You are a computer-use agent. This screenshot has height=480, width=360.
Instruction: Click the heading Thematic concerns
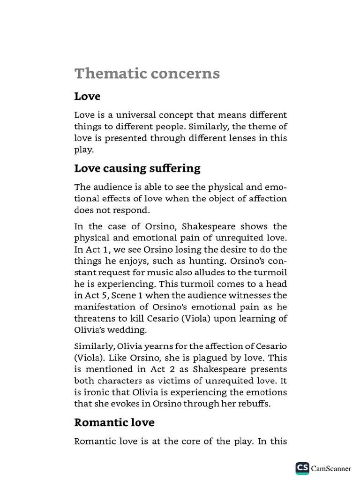147,74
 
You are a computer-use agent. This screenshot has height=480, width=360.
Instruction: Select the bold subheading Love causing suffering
137,168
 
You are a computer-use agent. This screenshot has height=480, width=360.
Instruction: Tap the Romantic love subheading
114,422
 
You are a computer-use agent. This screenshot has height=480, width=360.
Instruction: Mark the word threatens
94,319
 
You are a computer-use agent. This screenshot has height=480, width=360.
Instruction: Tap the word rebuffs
254,404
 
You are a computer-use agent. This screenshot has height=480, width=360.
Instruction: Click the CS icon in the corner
302,468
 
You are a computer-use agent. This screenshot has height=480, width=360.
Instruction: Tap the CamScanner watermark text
331,468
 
